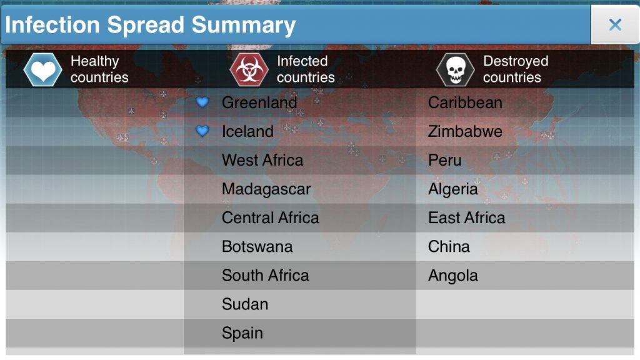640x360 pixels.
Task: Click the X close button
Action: coord(615,25)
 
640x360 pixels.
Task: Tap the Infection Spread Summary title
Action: coord(151,25)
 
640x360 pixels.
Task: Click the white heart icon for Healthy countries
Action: coord(43,69)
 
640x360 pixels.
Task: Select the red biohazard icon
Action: coord(249,69)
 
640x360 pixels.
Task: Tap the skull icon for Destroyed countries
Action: coord(455,69)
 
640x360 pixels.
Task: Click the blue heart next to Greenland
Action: coord(202,102)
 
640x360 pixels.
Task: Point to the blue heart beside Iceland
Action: coord(202,131)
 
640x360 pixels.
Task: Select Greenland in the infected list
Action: coord(259,102)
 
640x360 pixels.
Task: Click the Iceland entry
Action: coord(247,131)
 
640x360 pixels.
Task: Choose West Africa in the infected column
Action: coord(262,160)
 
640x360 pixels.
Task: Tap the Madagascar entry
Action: coord(266,189)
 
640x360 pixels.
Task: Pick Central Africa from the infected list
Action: coord(271,217)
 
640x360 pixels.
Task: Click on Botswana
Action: coord(257,246)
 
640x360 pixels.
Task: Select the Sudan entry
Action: coord(245,304)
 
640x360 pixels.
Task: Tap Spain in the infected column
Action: coord(242,333)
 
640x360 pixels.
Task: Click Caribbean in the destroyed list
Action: coord(465,102)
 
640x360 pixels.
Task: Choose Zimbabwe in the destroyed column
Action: coord(465,131)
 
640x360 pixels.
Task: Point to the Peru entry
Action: coord(445,160)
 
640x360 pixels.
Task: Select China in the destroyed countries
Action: coord(449,246)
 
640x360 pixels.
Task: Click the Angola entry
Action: coord(453,275)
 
